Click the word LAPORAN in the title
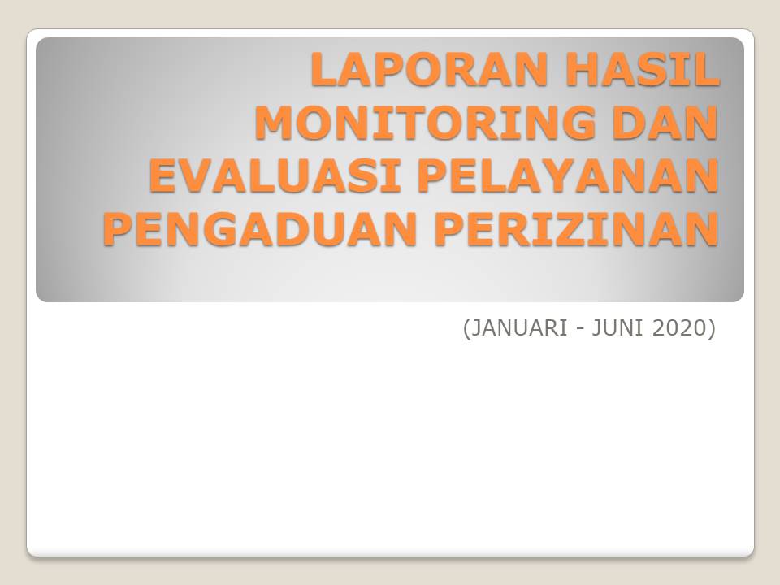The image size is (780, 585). [x=429, y=69]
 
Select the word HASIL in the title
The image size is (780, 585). [x=642, y=69]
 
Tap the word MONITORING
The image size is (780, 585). [x=425, y=123]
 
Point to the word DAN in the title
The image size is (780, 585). [x=665, y=123]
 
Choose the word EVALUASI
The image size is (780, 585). [x=275, y=175]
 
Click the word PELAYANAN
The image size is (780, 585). [x=568, y=175]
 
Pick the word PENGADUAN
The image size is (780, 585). [x=259, y=229]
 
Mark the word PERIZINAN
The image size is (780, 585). [x=577, y=229]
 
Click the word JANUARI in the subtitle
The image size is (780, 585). [x=518, y=327]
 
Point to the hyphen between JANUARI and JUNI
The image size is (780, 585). [x=579, y=329]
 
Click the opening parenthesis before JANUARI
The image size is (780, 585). [x=466, y=328]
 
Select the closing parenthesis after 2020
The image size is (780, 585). [x=712, y=328]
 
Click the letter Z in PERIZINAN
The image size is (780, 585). [x=575, y=229]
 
